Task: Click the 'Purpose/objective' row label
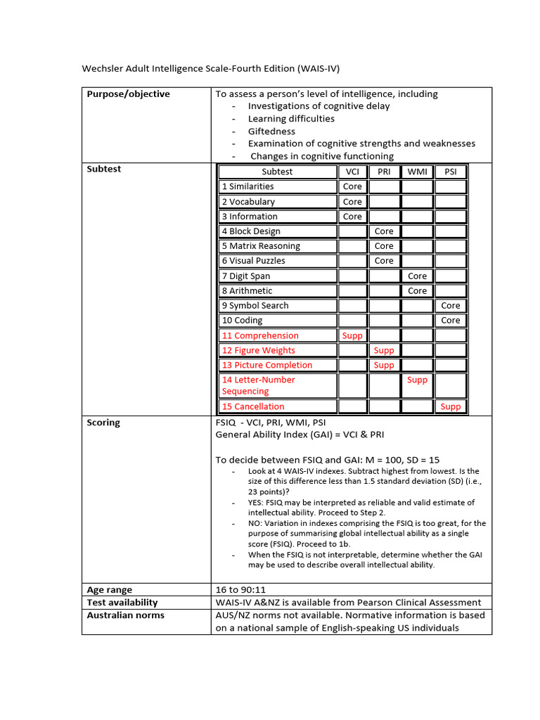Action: point(128,94)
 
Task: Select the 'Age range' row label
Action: point(109,590)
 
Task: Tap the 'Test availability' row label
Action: point(122,603)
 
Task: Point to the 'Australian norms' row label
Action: point(125,615)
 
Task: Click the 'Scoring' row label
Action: point(103,423)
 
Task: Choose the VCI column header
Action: point(352,172)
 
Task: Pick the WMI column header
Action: point(417,172)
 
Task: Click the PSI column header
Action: point(450,172)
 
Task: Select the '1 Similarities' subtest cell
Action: point(248,186)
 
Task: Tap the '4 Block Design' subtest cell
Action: point(251,231)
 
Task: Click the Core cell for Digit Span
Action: point(417,276)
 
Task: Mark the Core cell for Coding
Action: point(451,321)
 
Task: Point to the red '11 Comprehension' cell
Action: point(260,336)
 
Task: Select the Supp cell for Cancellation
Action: point(451,406)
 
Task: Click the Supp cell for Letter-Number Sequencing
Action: point(417,380)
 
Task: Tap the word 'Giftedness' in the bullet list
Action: point(271,131)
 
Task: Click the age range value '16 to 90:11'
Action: point(240,590)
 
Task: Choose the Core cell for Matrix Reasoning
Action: point(384,246)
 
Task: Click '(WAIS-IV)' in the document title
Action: point(319,68)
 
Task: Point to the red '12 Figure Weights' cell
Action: point(259,351)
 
